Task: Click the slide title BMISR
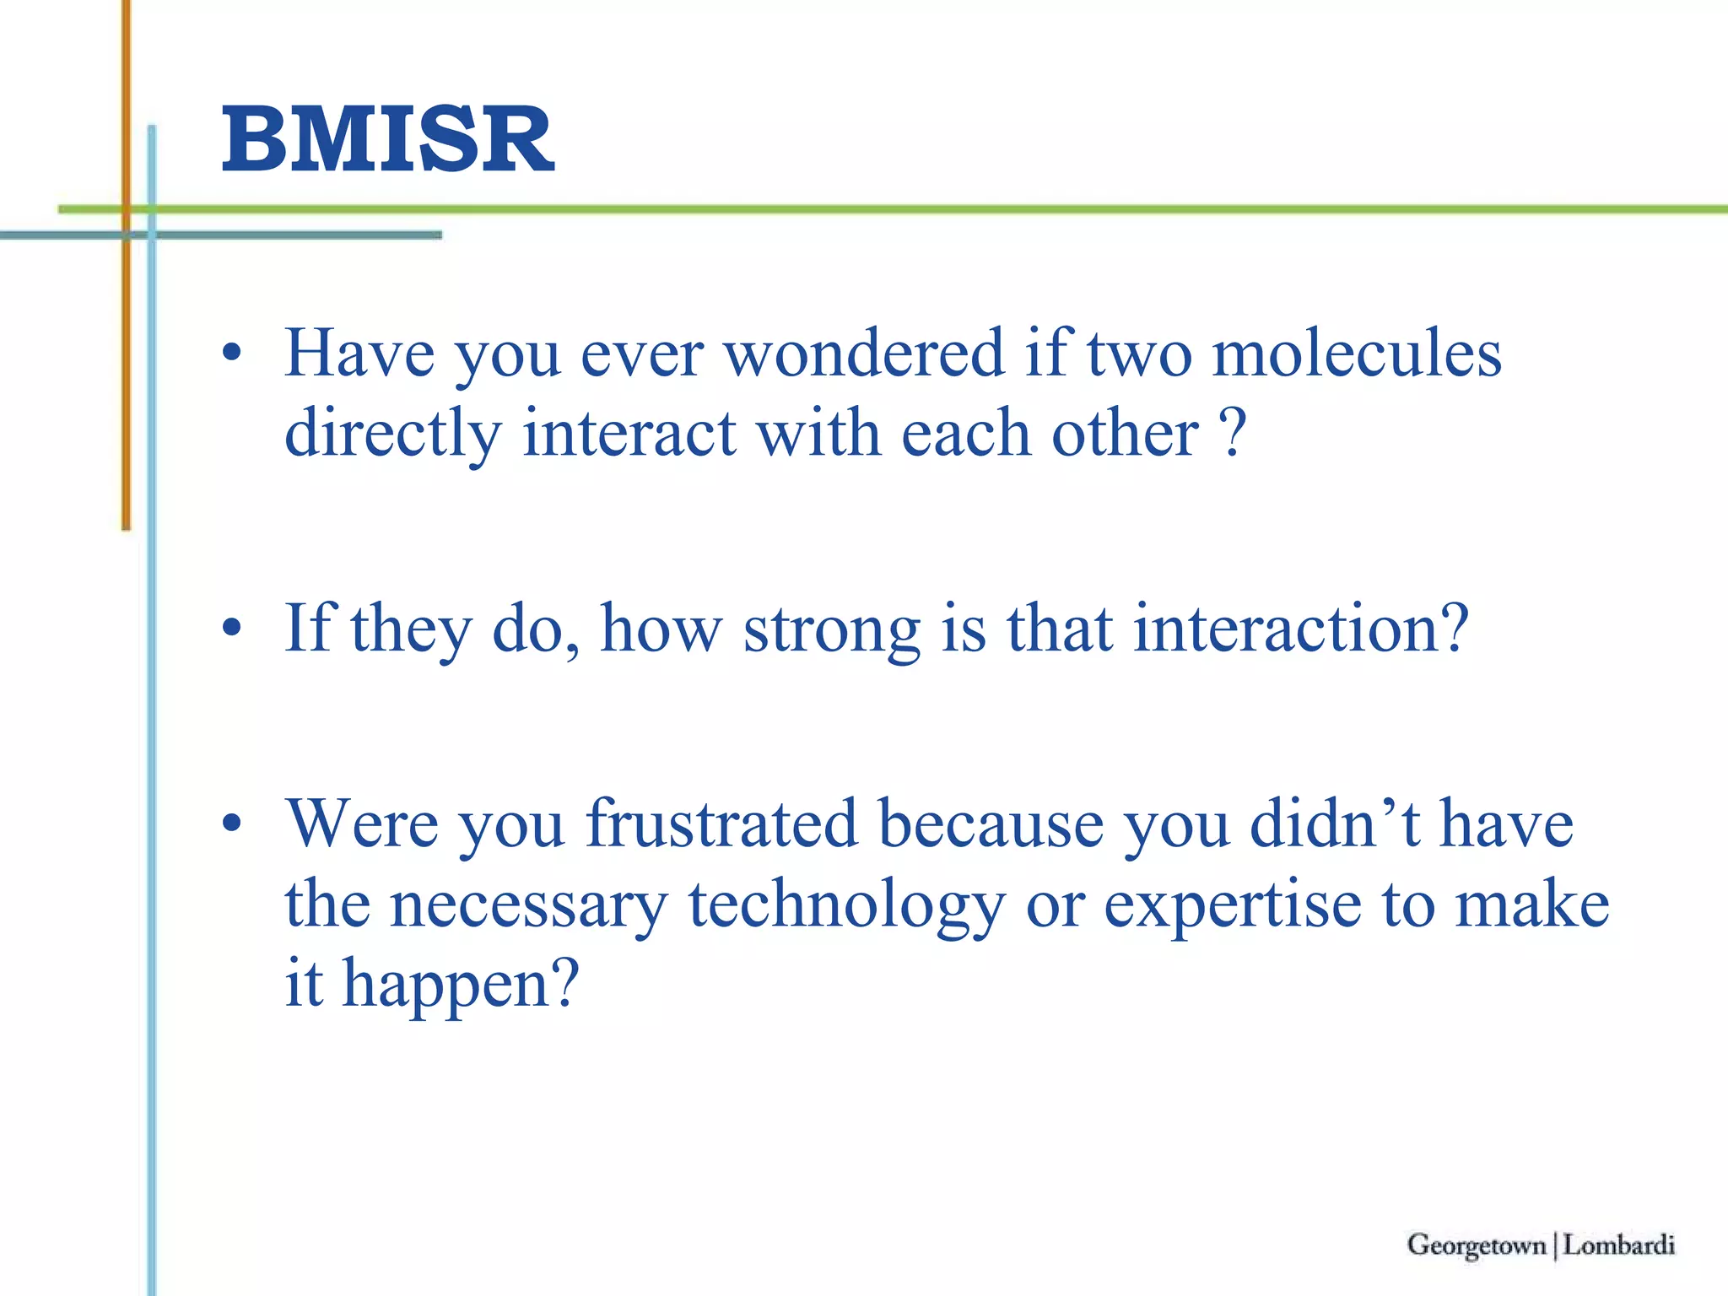click(387, 140)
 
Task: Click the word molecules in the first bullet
click(1357, 354)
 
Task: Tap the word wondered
click(865, 354)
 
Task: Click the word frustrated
click(721, 824)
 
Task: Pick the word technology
click(846, 905)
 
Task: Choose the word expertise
click(1233, 905)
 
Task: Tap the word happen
click(461, 985)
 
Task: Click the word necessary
click(528, 905)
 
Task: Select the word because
click(991, 824)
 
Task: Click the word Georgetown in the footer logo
click(1476, 1245)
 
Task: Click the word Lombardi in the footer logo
click(1618, 1245)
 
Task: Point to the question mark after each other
click(1234, 433)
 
